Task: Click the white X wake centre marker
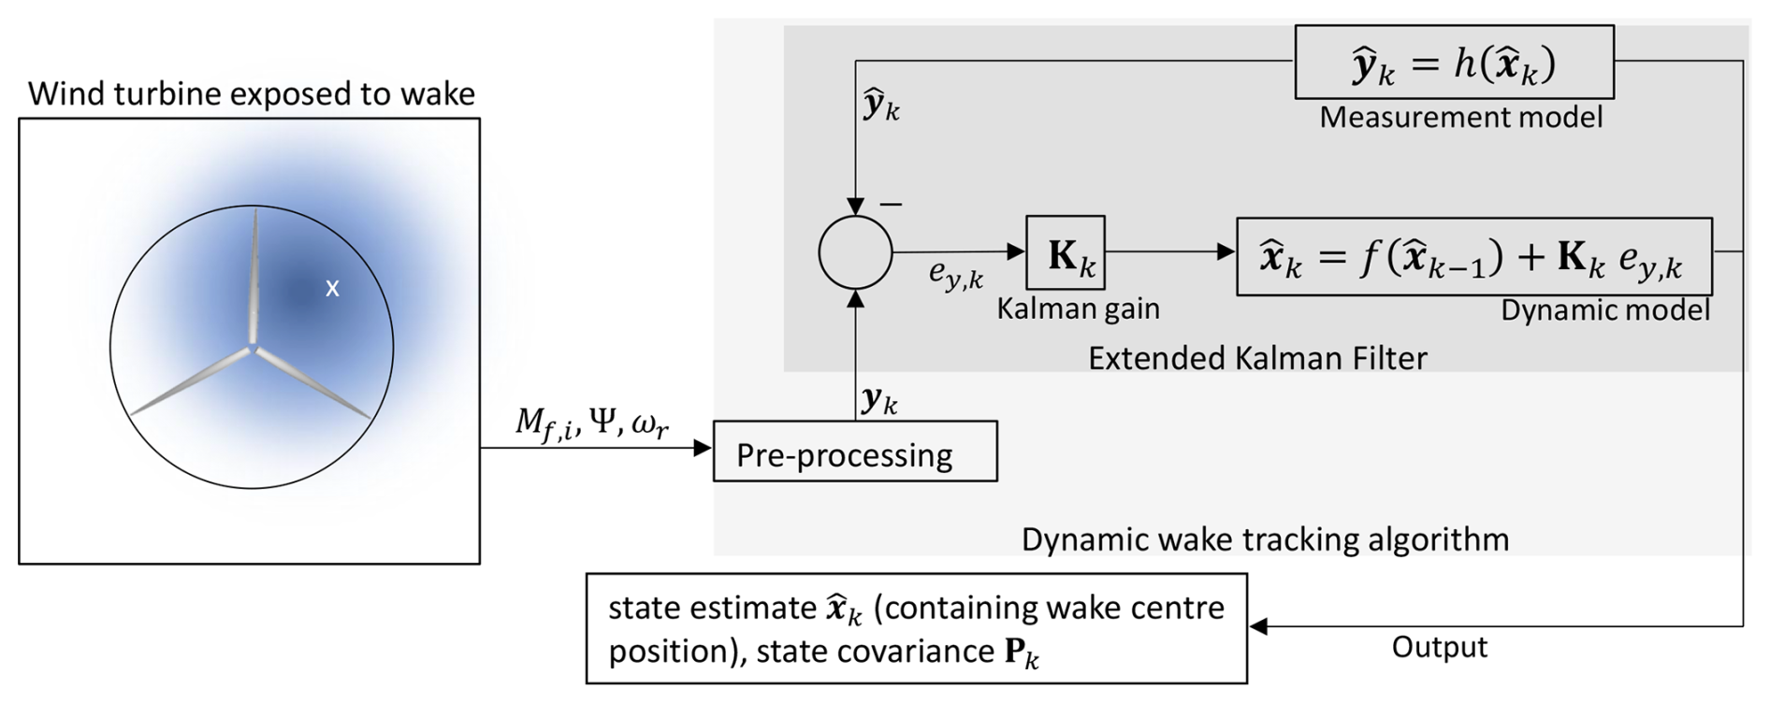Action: tap(332, 289)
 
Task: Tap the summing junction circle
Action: tap(855, 252)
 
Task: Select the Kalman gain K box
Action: tap(1065, 253)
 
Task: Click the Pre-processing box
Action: tap(855, 452)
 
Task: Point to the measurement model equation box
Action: tap(1454, 63)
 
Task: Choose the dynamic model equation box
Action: tap(1473, 257)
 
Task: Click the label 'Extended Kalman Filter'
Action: tap(1257, 358)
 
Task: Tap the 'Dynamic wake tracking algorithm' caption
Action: tap(1265, 539)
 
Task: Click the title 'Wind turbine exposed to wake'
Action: tap(252, 93)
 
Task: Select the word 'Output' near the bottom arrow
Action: tap(1439, 647)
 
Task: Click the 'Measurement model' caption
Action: tap(1460, 117)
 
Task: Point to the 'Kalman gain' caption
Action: tap(1078, 308)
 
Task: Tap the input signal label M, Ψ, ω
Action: tap(592, 424)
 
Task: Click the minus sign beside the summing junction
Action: tap(891, 204)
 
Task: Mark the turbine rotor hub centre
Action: tap(253, 350)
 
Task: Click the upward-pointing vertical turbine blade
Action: tap(254, 276)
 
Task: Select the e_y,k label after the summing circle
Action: tap(955, 274)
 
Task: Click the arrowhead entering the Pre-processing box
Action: tap(704, 449)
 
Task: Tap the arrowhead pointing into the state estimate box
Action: tap(1259, 626)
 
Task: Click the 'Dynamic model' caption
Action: tap(1604, 310)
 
